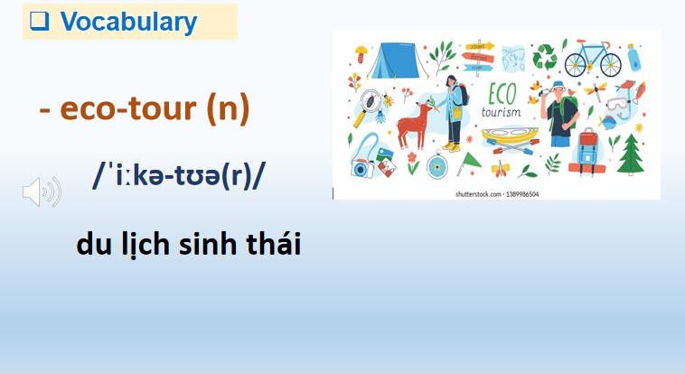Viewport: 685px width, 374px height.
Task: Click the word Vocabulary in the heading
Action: tap(128, 23)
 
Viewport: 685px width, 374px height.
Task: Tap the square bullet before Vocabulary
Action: tap(39, 23)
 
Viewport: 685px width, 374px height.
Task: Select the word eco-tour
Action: tap(129, 110)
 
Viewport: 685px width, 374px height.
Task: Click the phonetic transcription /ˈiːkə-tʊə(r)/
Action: tap(179, 177)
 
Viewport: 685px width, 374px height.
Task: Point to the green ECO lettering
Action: tap(502, 95)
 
